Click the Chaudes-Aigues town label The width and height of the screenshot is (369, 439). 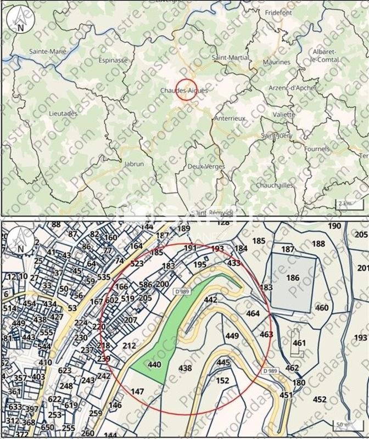click(184, 90)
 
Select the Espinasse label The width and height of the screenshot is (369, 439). click(114, 61)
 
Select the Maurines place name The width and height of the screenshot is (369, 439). click(276, 62)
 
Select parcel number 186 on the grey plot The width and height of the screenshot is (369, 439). click(293, 278)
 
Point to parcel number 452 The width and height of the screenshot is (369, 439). click(320, 399)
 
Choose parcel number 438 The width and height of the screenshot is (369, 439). click(186, 369)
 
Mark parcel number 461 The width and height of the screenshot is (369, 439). click(299, 343)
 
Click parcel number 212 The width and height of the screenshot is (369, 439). click(130, 346)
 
